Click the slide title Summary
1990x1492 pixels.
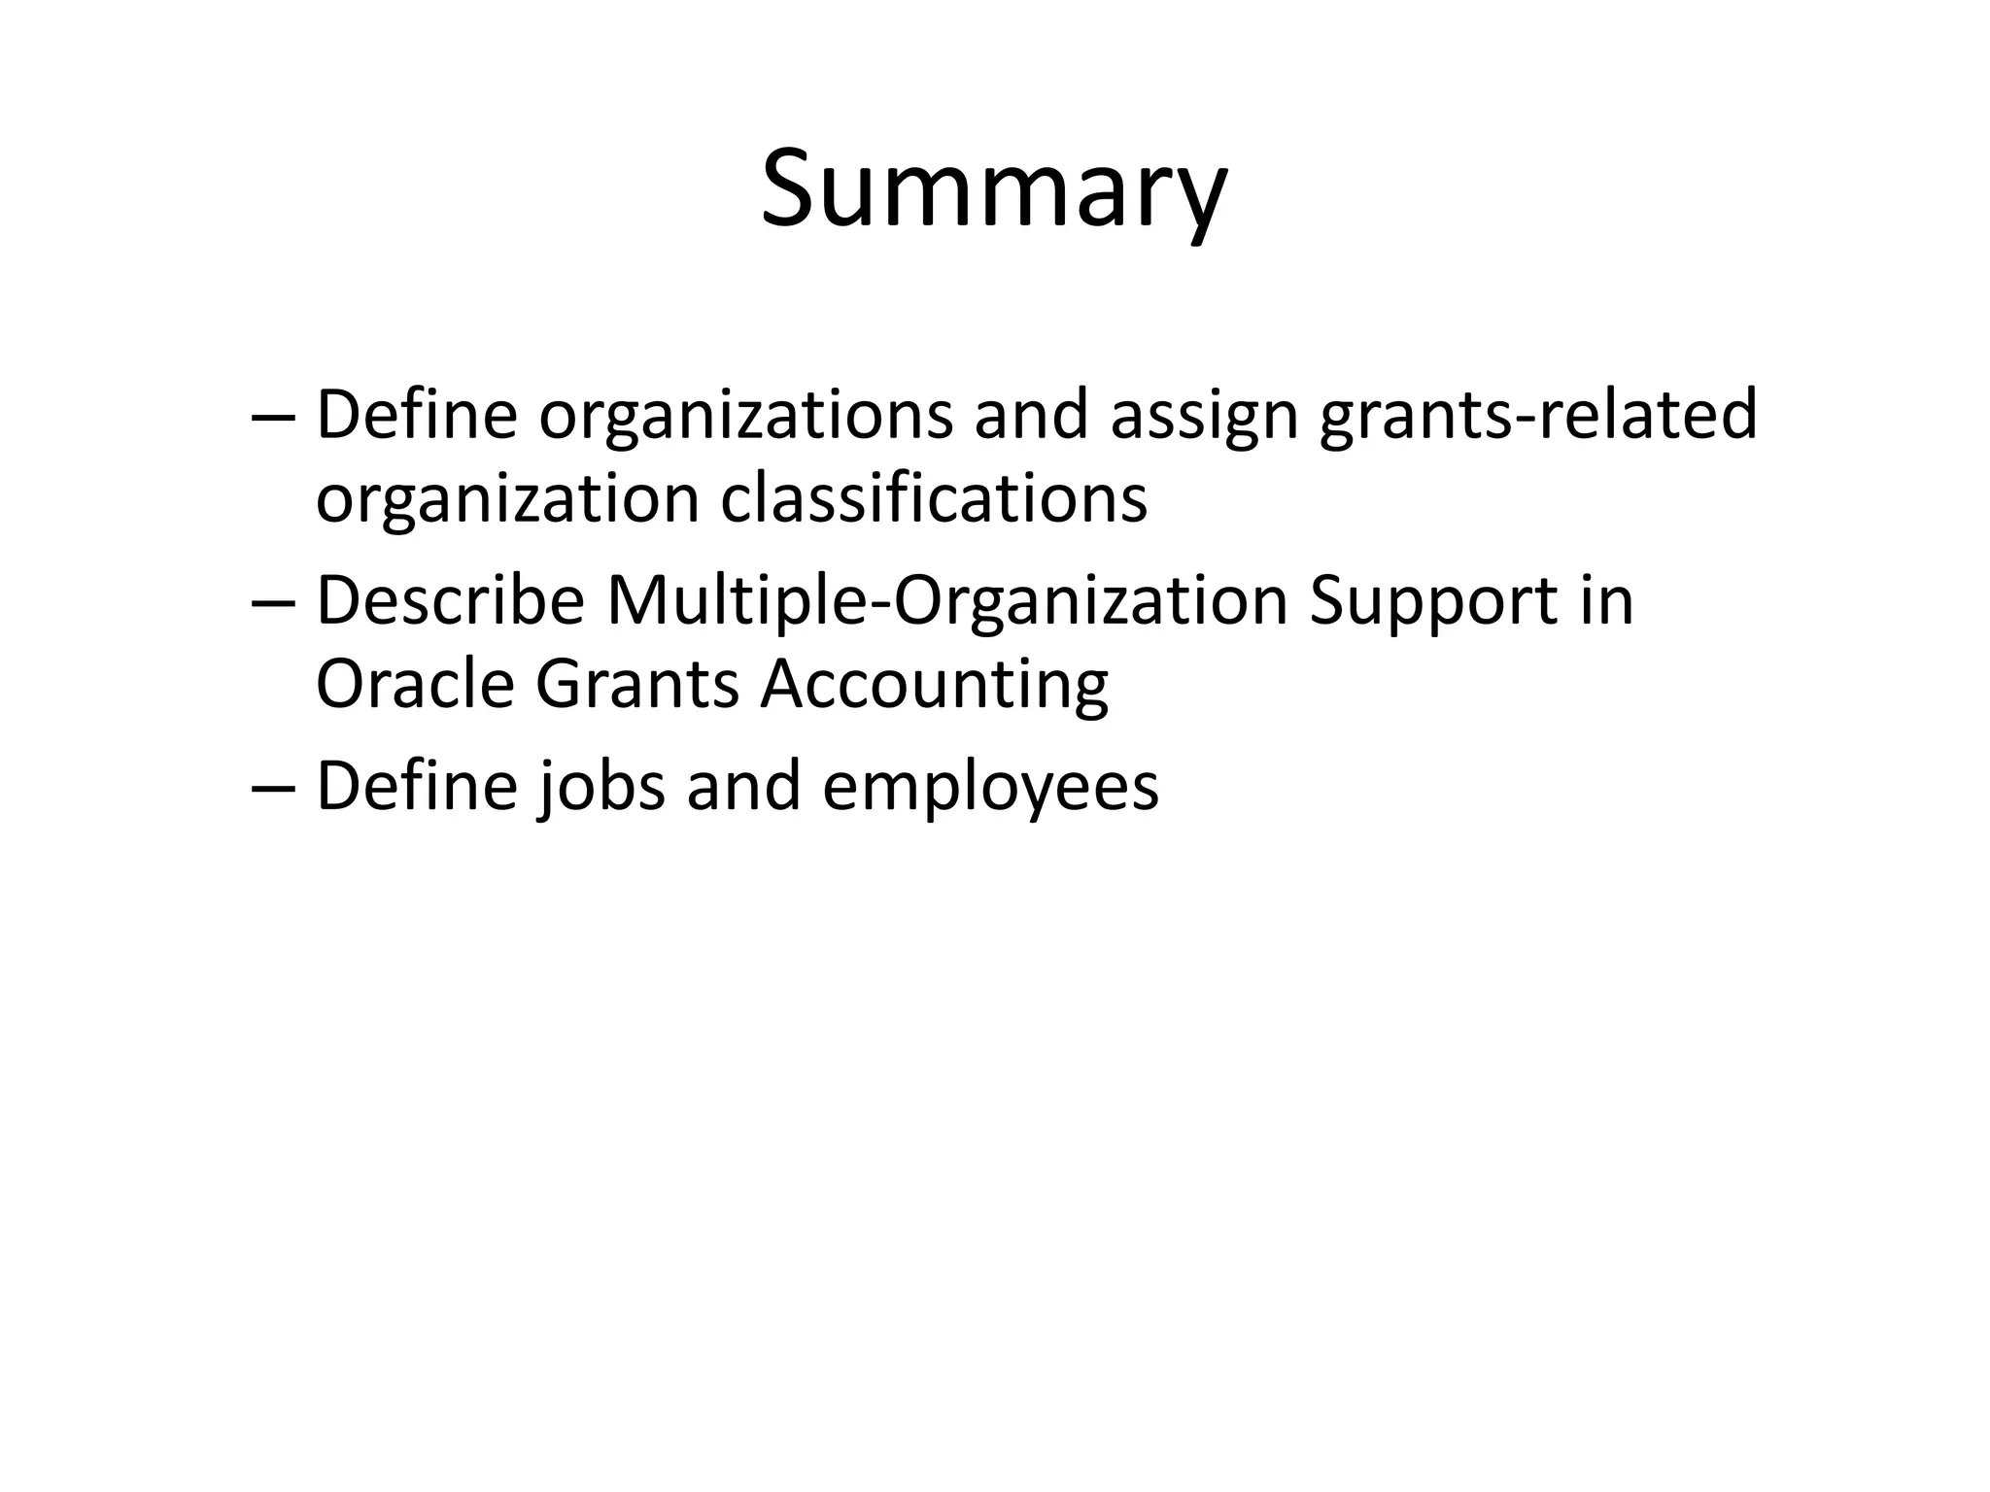(993, 189)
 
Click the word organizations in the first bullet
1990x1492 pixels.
(745, 415)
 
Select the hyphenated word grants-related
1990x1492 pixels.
(1538, 415)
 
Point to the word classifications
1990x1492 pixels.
(934, 498)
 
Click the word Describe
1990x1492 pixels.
(450, 601)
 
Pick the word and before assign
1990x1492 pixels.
(1031, 415)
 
